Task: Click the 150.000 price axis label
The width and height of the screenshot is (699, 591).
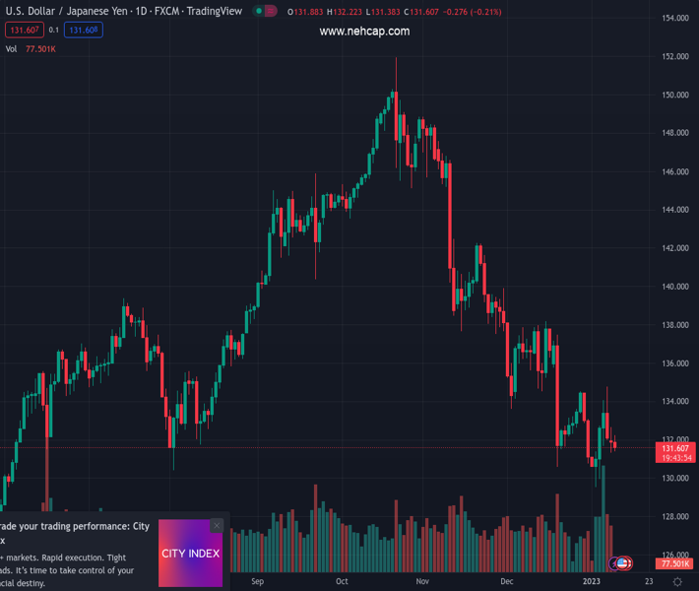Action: tap(674, 96)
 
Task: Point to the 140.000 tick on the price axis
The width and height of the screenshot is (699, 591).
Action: tap(674, 287)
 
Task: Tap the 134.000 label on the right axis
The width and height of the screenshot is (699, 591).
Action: tap(674, 402)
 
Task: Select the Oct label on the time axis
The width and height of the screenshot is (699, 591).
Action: tap(342, 581)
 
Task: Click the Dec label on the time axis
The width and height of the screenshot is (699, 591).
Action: tap(506, 581)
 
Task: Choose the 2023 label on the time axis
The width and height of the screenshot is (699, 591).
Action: tap(591, 581)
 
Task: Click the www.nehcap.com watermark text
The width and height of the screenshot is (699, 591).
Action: tap(364, 32)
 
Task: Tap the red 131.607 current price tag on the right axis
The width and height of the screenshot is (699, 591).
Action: tap(674, 449)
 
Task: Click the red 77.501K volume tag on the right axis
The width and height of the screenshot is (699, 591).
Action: tap(674, 563)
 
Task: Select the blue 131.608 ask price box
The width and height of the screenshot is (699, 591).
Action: tap(84, 31)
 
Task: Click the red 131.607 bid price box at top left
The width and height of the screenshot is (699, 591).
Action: tap(24, 31)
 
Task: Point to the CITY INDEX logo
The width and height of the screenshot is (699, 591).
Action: tap(190, 554)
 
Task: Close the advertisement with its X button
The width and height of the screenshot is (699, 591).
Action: tap(217, 526)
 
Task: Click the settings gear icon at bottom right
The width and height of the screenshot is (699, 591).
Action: tap(677, 582)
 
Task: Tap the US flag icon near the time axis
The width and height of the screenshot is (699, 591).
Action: tap(623, 563)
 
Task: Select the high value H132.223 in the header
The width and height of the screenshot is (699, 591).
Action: tap(345, 12)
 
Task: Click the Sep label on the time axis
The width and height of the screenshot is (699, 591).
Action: tap(258, 581)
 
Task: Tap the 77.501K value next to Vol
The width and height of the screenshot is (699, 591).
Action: tap(40, 49)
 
